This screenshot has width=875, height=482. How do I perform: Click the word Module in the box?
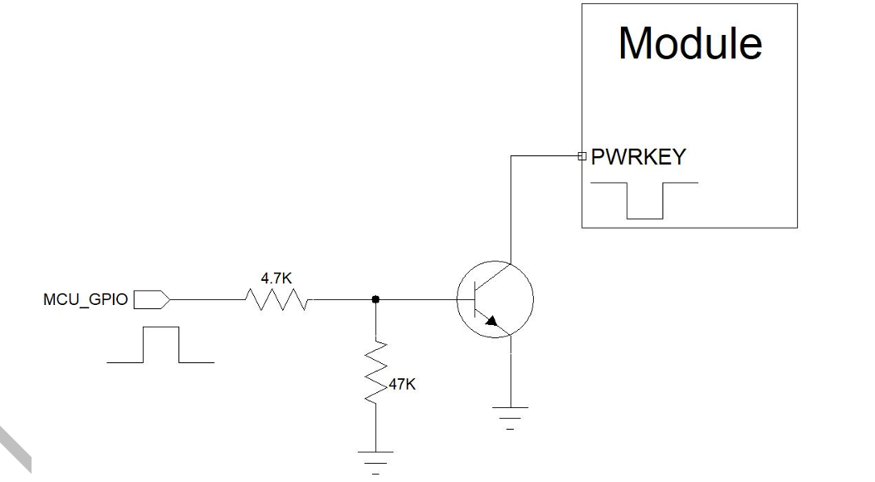point(690,43)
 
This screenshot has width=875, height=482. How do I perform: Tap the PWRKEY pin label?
point(638,157)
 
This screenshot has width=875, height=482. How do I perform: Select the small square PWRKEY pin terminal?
point(582,156)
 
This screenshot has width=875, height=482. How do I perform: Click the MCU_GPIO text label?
point(86,299)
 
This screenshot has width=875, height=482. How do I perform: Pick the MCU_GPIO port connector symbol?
point(152,300)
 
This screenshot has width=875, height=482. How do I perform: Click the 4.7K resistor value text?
point(276,278)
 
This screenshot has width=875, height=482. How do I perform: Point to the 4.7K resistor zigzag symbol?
point(277,299)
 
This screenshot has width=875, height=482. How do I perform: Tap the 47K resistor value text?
point(403,384)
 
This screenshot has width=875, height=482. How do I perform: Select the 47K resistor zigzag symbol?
point(375,372)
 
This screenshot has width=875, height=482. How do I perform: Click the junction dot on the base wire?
point(375,300)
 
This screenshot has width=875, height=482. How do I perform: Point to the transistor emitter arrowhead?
point(491,321)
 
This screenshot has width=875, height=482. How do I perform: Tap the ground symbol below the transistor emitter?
point(510,417)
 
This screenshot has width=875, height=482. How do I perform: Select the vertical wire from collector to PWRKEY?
point(511,209)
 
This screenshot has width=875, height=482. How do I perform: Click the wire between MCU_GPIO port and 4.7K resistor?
point(208,300)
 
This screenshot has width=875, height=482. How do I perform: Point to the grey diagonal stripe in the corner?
point(15,449)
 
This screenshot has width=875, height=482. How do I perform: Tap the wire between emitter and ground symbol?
point(511,371)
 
